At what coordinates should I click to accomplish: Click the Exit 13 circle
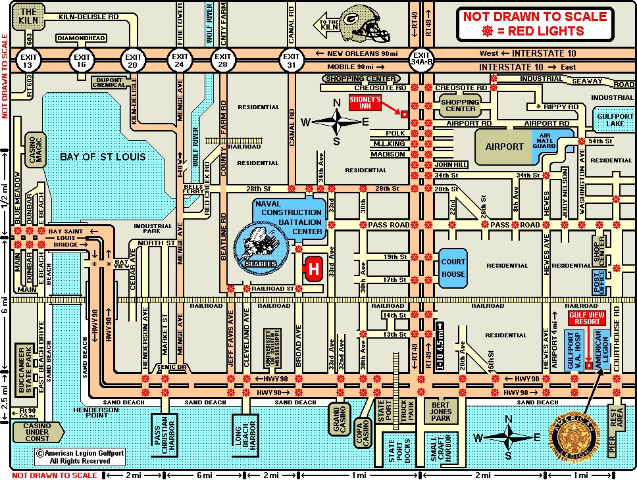28,59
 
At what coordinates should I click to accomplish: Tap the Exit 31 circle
290,59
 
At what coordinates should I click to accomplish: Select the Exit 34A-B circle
421,59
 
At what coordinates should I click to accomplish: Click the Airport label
503,146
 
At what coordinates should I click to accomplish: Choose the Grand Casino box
340,419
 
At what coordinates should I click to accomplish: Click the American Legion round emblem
575,437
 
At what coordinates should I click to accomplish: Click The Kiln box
28,17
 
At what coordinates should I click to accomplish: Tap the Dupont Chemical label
108,81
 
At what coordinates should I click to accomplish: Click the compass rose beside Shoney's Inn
337,120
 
